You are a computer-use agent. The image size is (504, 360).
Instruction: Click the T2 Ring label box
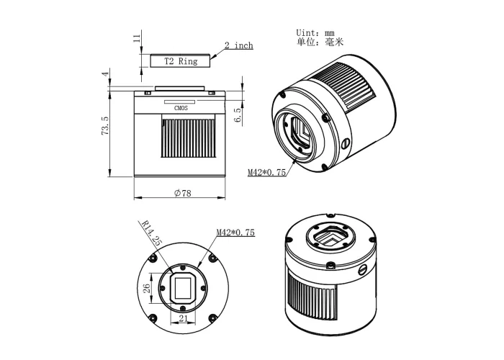pos(181,61)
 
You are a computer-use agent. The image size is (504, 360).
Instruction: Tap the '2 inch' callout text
pos(238,46)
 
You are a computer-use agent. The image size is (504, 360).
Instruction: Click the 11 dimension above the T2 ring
pos(136,39)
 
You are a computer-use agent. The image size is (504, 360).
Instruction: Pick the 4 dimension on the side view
pos(105,74)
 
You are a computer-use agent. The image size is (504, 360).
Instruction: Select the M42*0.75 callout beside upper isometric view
pos(266,173)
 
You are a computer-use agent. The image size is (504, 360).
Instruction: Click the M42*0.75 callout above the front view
pos(235,233)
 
